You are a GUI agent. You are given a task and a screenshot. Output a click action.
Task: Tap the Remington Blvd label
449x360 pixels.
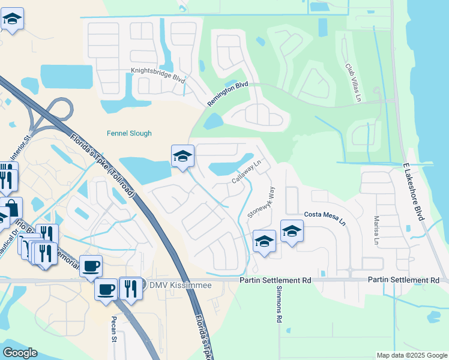228,95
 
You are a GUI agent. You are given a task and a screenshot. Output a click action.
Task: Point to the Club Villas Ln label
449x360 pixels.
354,82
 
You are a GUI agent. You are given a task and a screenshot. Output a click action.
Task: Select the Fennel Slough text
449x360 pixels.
129,133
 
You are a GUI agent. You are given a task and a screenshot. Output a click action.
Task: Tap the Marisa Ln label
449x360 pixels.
376,230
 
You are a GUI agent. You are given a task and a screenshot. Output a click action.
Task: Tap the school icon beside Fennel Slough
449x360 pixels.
182,156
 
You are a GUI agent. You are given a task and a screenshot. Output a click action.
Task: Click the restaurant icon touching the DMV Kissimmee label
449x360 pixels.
130,288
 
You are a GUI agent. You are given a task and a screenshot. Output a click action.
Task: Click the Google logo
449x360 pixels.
20,353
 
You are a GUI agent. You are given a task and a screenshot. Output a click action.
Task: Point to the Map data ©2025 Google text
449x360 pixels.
411,355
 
